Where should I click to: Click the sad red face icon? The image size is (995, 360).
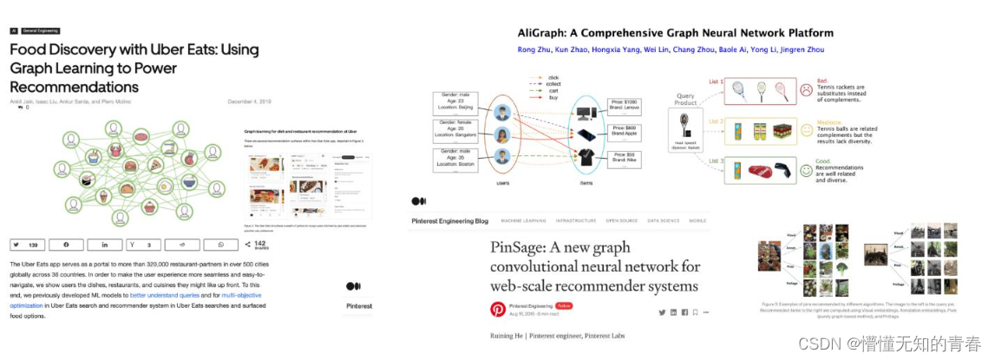tap(806, 89)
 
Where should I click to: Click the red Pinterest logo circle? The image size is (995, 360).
tap(498, 309)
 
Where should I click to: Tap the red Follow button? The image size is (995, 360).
tap(564, 306)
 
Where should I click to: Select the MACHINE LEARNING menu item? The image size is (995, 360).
tap(528, 221)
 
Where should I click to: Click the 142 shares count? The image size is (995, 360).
tap(259, 245)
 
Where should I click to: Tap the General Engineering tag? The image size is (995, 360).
tap(42, 30)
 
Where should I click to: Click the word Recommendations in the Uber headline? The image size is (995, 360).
tap(75, 88)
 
